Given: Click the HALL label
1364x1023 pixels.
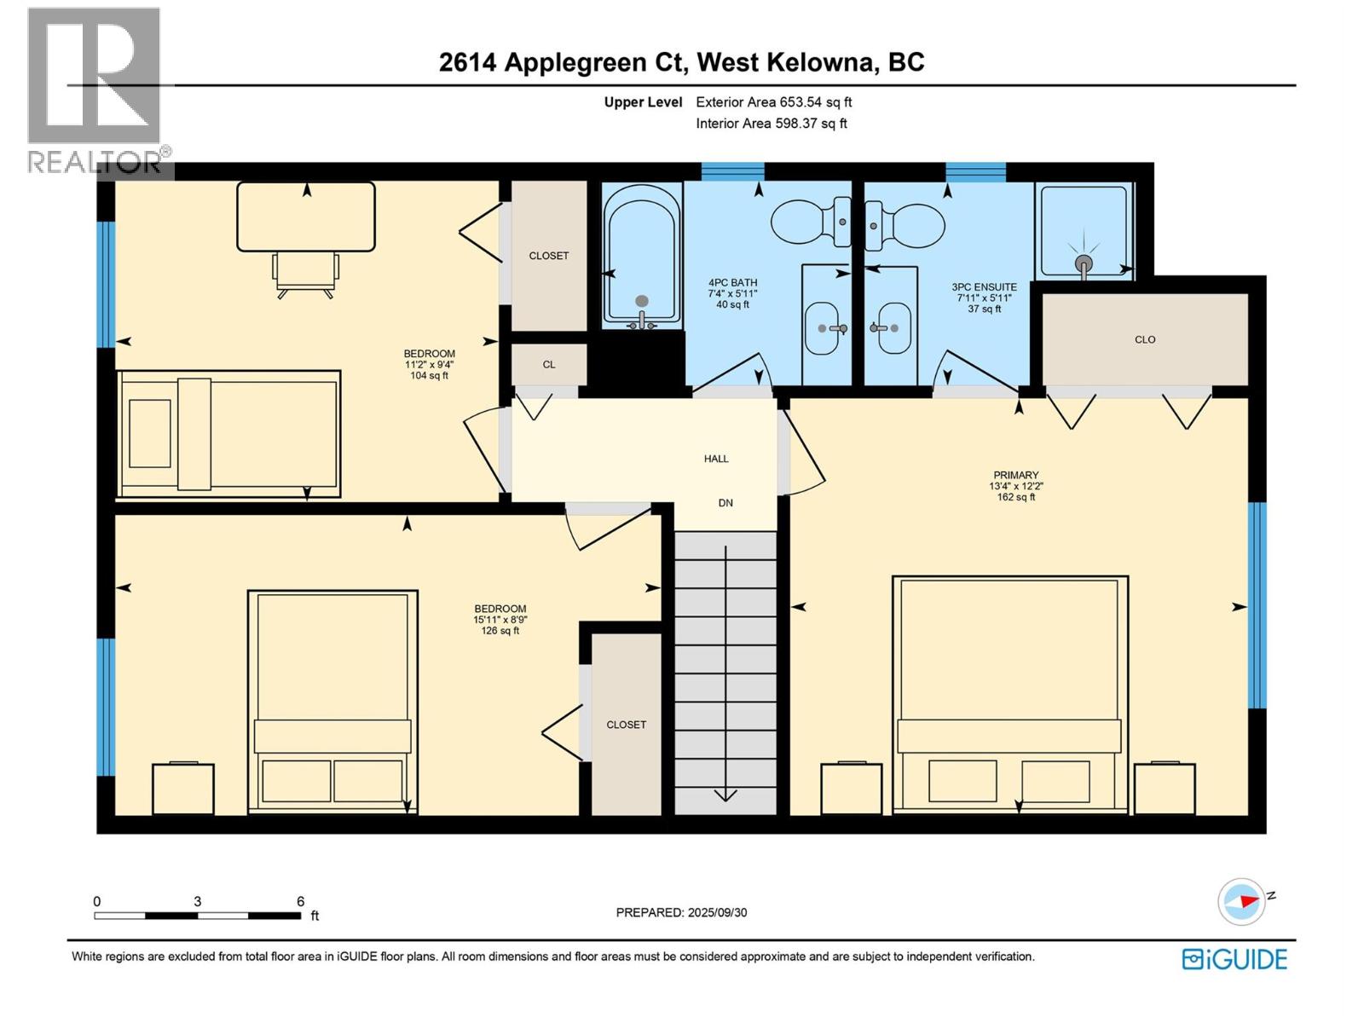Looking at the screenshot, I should pos(716,459).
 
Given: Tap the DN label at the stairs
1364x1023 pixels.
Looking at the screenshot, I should pos(725,503).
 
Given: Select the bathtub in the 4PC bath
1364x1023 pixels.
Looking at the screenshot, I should pos(642,256).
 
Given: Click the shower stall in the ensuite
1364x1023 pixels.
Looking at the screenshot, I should pos(1084,232).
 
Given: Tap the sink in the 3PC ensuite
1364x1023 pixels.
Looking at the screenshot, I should pos(892,327).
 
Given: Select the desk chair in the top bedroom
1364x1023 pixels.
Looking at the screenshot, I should pos(304,275).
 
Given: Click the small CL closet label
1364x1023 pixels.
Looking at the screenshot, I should pos(549,365).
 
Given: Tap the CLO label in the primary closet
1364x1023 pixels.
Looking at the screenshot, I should pos(1145,339).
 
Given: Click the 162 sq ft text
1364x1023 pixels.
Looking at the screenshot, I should pos(1015,497).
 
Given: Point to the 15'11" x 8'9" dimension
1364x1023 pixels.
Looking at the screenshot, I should pos(500,620).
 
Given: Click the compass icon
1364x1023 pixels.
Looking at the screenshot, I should pos(1241,901).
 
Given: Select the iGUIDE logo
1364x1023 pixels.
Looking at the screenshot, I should pos(1234,959).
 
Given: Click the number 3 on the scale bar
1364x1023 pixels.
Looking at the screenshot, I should pos(198,901).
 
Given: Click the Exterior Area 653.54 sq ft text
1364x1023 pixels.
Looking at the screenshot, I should pos(773,102).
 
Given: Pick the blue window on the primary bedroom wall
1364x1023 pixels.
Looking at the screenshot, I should pos(1257,605).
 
